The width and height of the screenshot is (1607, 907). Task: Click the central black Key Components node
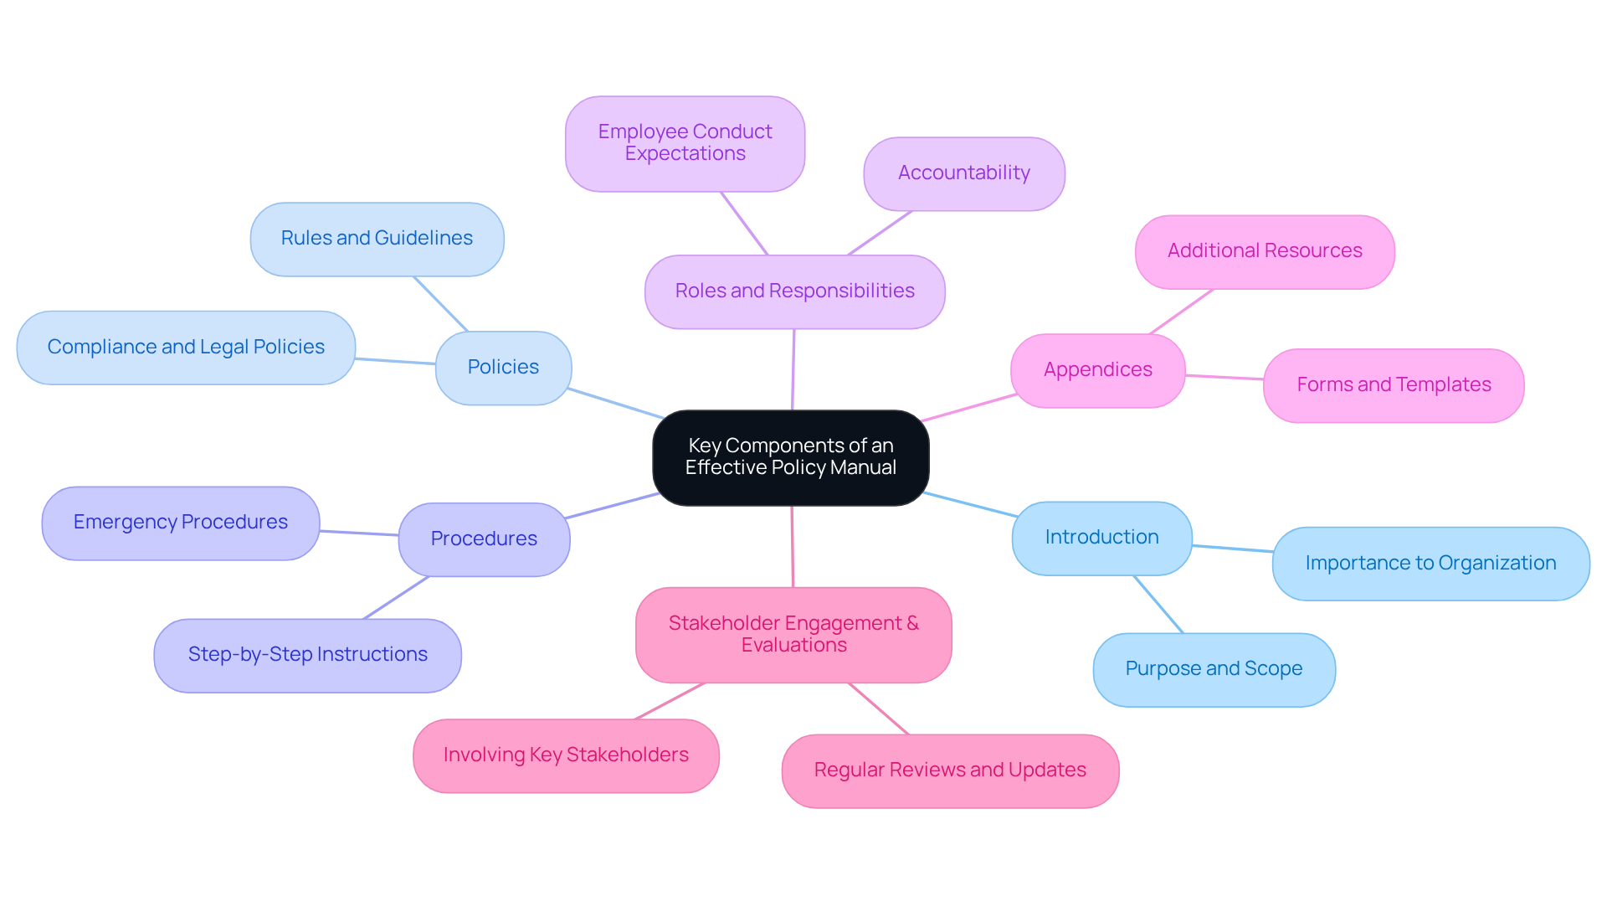point(790,457)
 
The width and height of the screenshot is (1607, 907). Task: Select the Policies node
point(503,368)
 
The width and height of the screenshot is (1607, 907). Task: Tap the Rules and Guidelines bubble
point(377,239)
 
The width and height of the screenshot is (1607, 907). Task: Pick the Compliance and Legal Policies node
point(186,348)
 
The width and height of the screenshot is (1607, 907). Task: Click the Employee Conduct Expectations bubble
point(685,143)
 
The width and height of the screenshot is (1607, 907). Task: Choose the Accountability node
point(963,173)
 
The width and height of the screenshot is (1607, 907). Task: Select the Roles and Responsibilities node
point(794,291)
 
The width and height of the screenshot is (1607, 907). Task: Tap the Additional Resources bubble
point(1264,251)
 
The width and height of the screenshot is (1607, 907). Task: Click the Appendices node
point(1097,370)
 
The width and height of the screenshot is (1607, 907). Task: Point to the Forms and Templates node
point(1393,385)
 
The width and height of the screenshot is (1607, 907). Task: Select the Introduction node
point(1101,538)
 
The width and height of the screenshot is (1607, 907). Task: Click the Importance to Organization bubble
point(1430,564)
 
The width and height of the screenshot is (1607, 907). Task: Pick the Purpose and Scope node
point(1214,669)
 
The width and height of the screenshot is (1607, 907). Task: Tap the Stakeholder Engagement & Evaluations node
point(793,635)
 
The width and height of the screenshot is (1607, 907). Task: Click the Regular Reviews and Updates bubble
point(949,770)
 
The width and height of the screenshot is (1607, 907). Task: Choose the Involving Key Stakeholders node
point(566,755)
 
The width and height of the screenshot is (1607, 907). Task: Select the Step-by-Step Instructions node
point(307,655)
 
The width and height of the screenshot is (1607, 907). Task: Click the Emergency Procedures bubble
point(180,523)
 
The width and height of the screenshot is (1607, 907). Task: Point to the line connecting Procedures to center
point(612,506)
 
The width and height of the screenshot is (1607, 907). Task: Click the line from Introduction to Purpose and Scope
point(1158,604)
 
